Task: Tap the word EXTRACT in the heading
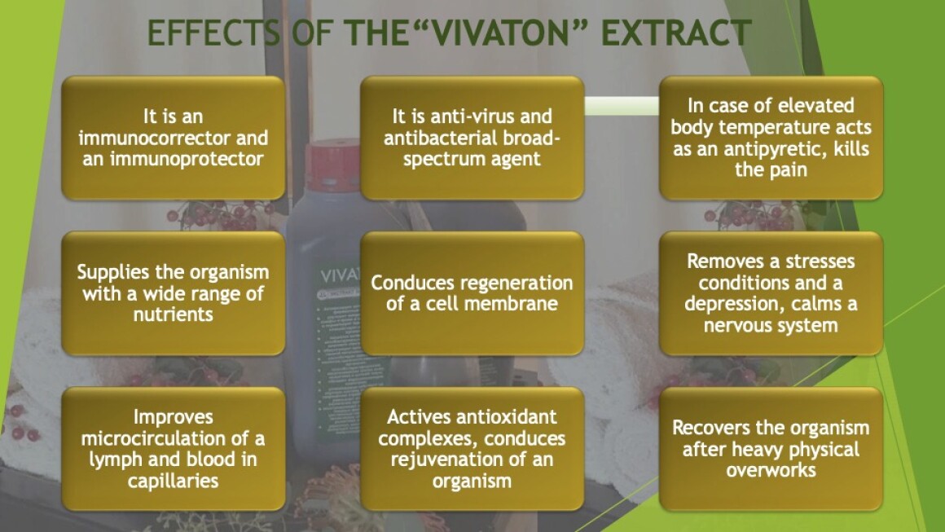(676, 33)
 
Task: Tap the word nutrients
(173, 314)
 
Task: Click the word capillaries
(173, 481)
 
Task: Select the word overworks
(771, 470)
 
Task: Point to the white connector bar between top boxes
(622, 106)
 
